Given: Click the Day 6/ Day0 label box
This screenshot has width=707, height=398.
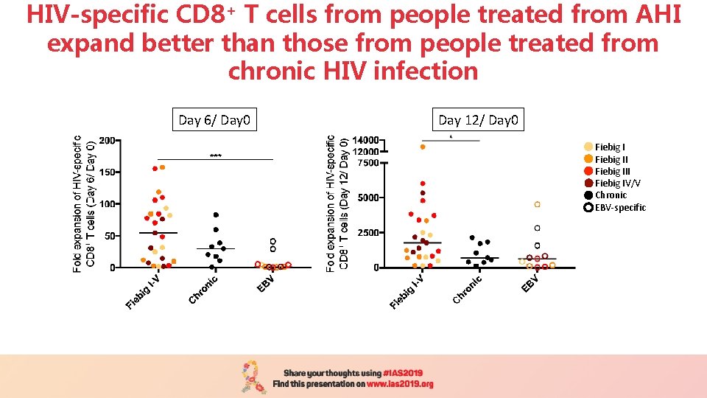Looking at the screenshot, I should tap(215, 120).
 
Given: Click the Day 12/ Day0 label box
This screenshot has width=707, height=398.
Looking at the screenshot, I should tap(479, 120).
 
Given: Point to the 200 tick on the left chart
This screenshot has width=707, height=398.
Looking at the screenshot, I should tap(107, 140).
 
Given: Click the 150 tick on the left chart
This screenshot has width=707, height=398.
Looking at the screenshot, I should tap(107, 172).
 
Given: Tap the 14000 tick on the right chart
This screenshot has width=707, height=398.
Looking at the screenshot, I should tap(366, 140).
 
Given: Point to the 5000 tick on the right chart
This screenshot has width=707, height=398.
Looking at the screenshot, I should tap(368, 198).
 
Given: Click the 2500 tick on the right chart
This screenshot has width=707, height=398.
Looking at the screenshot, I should tap(368, 232).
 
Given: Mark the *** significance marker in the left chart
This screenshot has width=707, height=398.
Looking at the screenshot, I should tap(216, 156).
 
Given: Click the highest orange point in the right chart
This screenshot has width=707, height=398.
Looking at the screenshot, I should tap(423, 147).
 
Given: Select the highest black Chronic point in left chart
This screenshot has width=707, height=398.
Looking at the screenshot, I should tap(217, 214).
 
